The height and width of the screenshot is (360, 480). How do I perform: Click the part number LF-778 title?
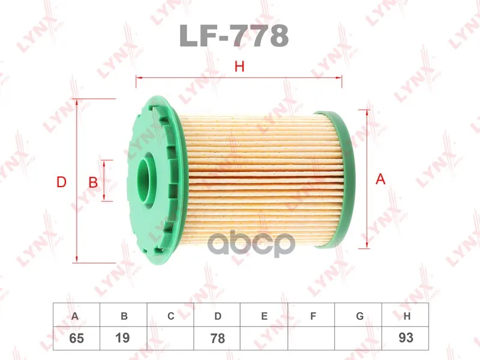point(233,35)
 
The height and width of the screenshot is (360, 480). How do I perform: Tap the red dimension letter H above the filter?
point(239,67)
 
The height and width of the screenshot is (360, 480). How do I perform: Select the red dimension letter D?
point(62,182)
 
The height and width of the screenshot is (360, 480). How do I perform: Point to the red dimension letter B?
point(93,183)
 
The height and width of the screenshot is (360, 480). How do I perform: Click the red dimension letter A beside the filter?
point(380,179)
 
